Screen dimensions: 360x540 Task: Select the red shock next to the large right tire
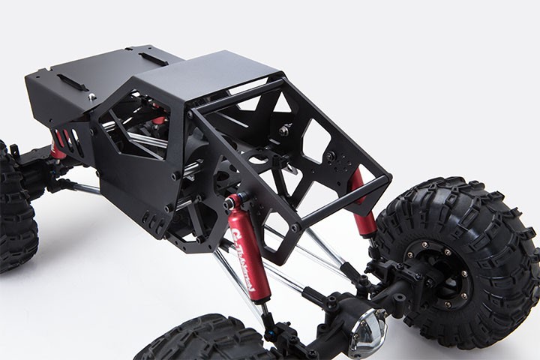(364, 202)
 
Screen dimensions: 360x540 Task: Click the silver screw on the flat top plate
(91, 96)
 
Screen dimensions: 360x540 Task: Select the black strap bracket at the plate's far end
(152, 58)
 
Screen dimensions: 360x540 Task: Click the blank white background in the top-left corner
(30, 22)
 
